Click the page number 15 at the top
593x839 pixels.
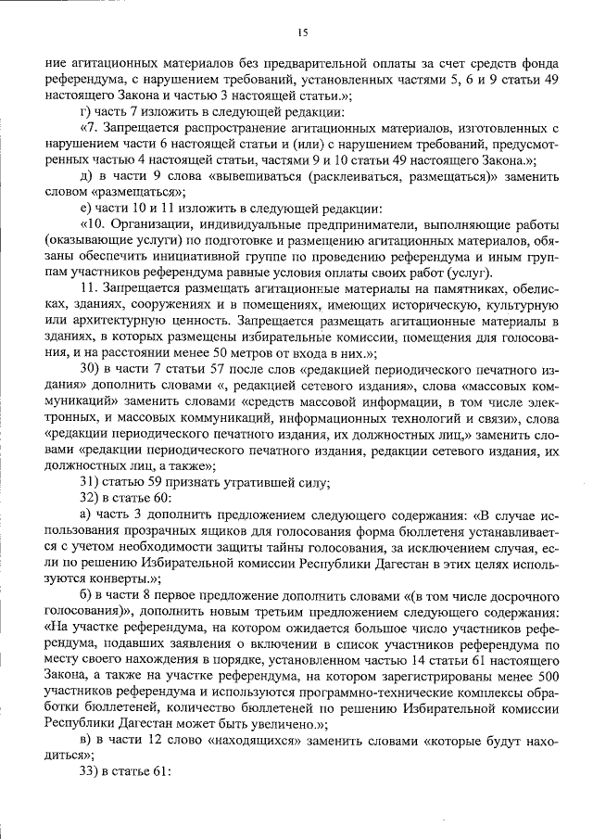coord(302,33)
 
